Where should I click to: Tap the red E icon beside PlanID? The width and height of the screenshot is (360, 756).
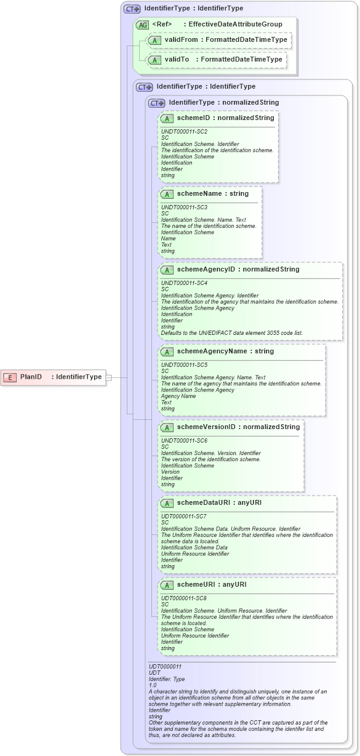(x=10, y=377)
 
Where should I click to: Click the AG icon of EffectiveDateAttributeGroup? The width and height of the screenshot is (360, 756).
(x=142, y=25)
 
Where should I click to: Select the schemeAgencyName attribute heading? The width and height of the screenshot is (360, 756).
(x=225, y=351)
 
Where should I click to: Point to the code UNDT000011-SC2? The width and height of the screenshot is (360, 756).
(x=184, y=132)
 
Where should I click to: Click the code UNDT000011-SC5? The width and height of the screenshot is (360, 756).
(x=184, y=365)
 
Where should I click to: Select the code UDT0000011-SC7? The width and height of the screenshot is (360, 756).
(x=183, y=516)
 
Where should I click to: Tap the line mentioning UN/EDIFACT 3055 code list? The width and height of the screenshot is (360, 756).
(x=231, y=333)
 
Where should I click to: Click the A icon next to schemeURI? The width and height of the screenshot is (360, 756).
(x=166, y=585)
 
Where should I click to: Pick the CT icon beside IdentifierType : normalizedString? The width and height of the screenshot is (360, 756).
(x=157, y=103)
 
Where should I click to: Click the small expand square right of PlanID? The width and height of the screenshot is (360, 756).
(x=109, y=377)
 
